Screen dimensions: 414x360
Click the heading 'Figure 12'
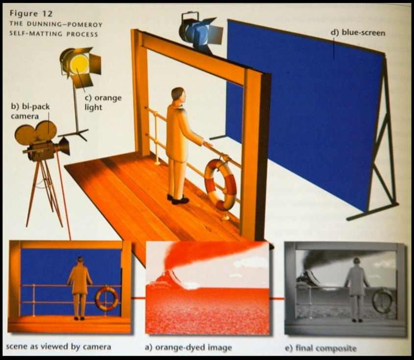click(x=31, y=14)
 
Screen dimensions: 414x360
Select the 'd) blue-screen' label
click(x=358, y=33)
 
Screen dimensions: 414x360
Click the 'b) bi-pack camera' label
click(x=30, y=111)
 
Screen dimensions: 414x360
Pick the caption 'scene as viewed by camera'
click(x=58, y=346)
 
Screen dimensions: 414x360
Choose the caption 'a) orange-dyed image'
click(x=188, y=348)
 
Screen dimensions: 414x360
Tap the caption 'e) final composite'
click(x=321, y=348)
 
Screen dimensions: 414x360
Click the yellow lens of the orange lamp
click(x=79, y=64)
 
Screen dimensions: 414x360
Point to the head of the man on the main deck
click(x=178, y=96)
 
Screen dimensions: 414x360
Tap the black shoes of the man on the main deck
click(x=178, y=199)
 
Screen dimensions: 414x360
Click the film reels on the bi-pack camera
click(x=36, y=132)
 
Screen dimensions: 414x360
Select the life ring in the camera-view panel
click(x=107, y=298)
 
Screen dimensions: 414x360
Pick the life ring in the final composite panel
click(x=383, y=301)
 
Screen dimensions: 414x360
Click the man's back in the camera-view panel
click(x=79, y=279)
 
